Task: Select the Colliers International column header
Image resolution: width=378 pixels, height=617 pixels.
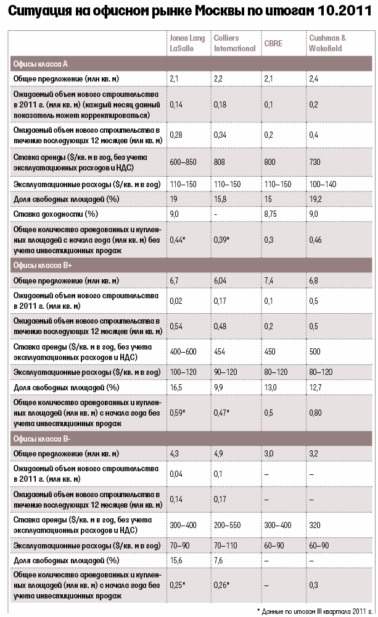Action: tap(234, 43)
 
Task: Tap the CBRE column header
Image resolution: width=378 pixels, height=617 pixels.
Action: tap(273, 43)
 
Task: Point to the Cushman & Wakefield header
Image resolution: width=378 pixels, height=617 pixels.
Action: tap(327, 43)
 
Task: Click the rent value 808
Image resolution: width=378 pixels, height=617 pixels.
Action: tap(221, 160)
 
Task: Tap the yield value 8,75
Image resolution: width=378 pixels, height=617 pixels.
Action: tap(272, 214)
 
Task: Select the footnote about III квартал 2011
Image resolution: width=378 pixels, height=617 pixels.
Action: tap(314, 610)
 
